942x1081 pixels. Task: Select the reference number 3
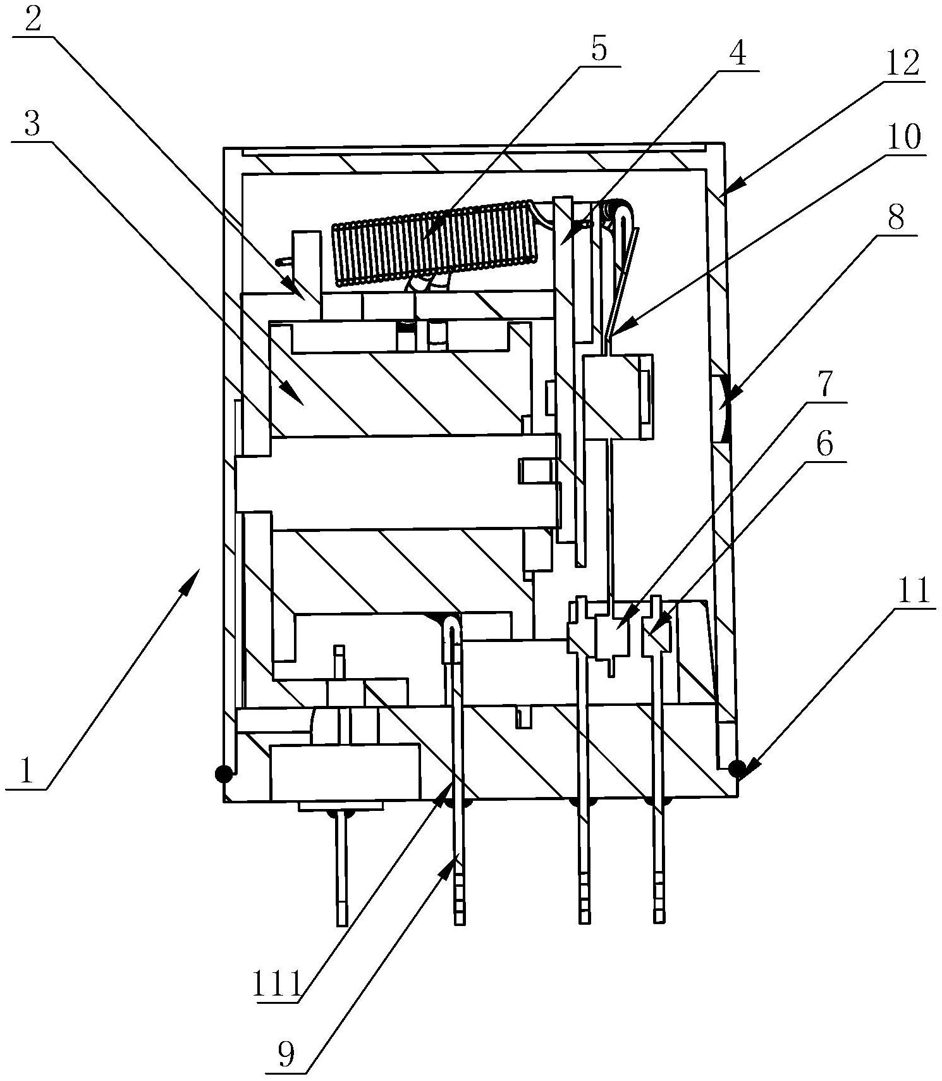33,125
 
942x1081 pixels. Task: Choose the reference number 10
905,136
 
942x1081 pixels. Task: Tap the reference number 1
25,771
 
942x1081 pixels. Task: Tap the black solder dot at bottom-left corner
223,773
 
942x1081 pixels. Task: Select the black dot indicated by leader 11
736,769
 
